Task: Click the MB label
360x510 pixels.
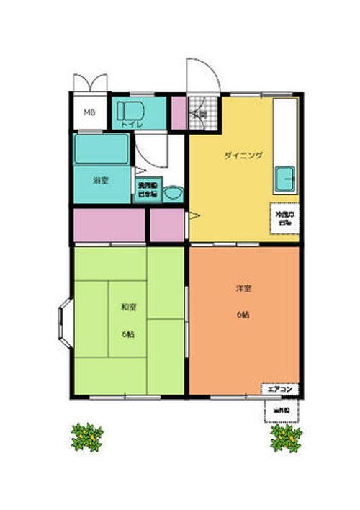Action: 89,112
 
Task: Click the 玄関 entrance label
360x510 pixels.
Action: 199,115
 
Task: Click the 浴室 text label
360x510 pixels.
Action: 101,180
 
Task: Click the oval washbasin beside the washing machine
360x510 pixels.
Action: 172,193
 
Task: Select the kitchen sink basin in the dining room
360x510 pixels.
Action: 284,176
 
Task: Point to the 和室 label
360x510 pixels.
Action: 128,307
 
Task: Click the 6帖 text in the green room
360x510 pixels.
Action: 128,334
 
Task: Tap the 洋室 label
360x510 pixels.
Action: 243,289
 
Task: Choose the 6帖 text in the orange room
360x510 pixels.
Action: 243,315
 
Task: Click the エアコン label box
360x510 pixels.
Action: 280,389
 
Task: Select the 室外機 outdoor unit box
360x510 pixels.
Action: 280,411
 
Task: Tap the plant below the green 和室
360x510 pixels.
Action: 87,436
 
